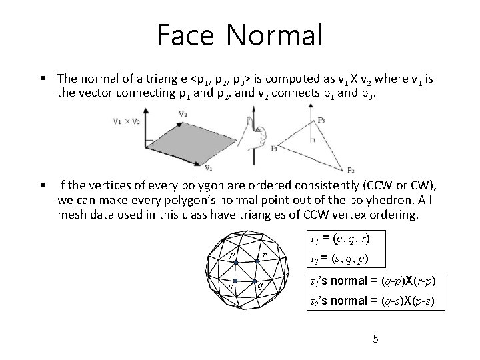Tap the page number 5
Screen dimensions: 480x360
376,339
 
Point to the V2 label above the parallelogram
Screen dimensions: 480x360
183,114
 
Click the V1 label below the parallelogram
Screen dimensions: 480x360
208,168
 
